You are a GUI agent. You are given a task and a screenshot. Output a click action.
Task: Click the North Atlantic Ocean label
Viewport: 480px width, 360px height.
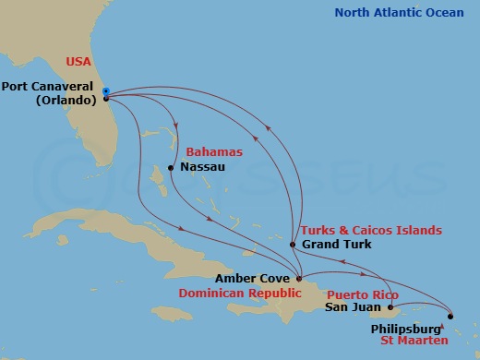[x=399, y=12]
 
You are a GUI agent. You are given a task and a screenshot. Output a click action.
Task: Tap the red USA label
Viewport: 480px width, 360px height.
[x=81, y=62]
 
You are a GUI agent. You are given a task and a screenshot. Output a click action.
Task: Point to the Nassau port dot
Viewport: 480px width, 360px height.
[x=171, y=167]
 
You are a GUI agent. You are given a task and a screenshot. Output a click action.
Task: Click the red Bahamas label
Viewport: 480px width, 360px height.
[x=214, y=150]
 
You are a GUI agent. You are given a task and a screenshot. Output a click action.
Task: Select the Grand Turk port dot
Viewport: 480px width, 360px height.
[x=293, y=245]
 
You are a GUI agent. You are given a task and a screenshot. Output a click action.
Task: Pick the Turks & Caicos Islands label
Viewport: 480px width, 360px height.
[x=369, y=230]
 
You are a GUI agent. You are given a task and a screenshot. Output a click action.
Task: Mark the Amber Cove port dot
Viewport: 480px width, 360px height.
[x=298, y=277]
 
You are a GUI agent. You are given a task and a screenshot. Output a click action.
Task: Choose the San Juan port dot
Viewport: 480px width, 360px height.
[x=390, y=307]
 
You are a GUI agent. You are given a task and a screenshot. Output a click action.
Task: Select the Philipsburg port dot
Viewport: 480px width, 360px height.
[x=450, y=316]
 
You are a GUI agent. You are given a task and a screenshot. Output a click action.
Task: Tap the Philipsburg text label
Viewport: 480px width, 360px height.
[x=407, y=326]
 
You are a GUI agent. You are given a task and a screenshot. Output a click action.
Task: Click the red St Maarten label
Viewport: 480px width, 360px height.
[x=439, y=341]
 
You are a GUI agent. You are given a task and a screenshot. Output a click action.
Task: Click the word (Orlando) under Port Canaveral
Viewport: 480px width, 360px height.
[x=66, y=102]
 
